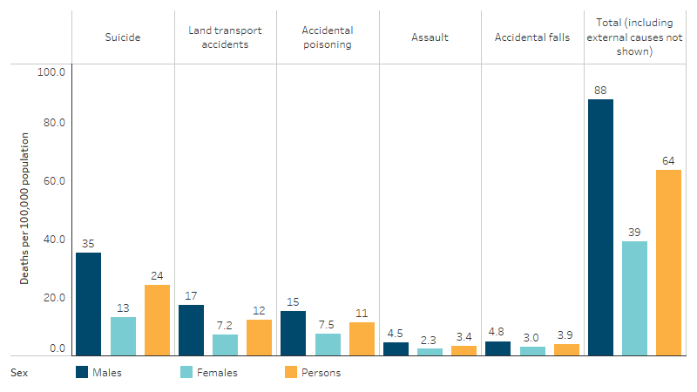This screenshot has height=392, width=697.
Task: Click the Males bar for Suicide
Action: [88, 303]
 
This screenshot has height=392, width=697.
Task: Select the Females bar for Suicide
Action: [123, 335]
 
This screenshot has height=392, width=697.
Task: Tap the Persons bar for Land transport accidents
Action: [259, 337]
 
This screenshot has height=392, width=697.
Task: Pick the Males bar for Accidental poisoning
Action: [294, 333]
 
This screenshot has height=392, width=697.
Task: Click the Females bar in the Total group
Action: [635, 298]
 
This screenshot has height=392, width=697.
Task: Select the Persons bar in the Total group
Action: [668, 262]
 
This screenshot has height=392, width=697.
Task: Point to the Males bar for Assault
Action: [396, 348]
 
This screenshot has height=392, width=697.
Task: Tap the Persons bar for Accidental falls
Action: [566, 349]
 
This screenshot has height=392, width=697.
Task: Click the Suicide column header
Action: [123, 37]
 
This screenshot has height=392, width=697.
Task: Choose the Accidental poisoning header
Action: [327, 37]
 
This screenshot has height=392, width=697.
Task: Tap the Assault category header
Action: [430, 37]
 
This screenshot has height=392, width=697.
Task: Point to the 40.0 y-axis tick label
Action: [53, 240]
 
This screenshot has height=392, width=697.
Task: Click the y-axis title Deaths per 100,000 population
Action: [25, 208]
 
